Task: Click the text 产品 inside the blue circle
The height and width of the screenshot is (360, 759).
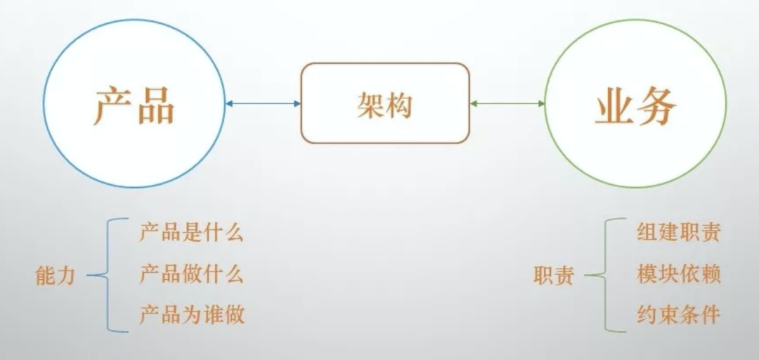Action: click(134, 105)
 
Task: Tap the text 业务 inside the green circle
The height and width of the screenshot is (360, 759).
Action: click(635, 105)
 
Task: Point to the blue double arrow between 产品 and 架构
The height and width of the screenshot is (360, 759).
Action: click(263, 104)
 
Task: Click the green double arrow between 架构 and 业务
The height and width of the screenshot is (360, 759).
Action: click(507, 104)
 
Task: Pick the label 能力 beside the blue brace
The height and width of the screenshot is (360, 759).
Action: click(55, 276)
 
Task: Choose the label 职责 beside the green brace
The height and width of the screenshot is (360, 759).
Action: click(553, 276)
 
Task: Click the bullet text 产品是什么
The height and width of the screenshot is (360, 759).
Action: click(191, 233)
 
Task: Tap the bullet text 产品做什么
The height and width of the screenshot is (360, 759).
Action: click(191, 274)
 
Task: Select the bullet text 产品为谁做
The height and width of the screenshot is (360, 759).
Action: click(191, 314)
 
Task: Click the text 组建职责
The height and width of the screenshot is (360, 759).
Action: click(678, 233)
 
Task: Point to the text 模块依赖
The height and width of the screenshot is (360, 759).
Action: click(678, 274)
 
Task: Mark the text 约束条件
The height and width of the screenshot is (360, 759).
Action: click(678, 314)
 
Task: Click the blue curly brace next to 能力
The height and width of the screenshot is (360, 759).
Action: click(105, 275)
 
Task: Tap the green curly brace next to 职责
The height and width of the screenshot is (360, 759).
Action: click(602, 275)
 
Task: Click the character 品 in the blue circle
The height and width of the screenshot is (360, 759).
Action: click(155, 105)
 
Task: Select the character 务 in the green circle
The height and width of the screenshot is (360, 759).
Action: click(657, 105)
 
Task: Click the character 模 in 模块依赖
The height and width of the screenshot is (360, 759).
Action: click(647, 274)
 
